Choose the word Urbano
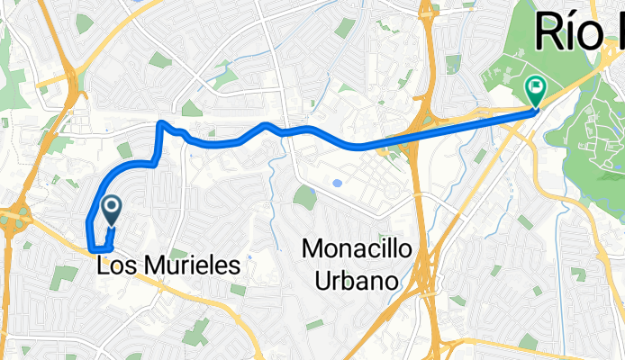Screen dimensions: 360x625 358,281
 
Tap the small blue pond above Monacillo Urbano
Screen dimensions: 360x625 337,183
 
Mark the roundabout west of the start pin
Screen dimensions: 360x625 15,217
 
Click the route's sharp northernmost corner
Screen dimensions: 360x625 160,121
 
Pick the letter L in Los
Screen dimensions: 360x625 101,266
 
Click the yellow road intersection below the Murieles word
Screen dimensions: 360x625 207,296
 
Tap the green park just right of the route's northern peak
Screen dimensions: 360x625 190,109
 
